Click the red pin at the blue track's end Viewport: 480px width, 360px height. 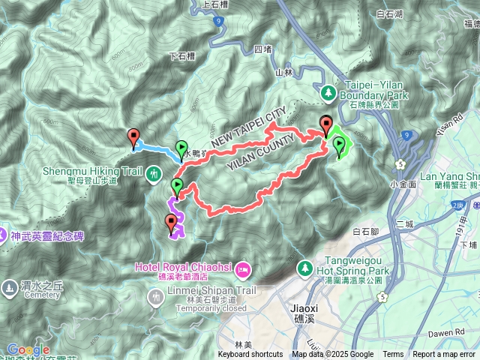134,138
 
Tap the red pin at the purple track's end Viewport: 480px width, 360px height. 171,222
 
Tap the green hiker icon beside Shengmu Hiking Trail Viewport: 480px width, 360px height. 154,174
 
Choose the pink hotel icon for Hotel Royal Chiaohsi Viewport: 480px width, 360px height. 242,268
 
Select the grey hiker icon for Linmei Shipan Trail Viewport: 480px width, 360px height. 155,298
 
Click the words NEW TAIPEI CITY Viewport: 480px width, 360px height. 247,127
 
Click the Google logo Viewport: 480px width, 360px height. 28,349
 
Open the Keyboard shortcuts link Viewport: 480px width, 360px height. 250,355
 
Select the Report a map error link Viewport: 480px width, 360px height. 445,355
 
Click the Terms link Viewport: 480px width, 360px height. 393,355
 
